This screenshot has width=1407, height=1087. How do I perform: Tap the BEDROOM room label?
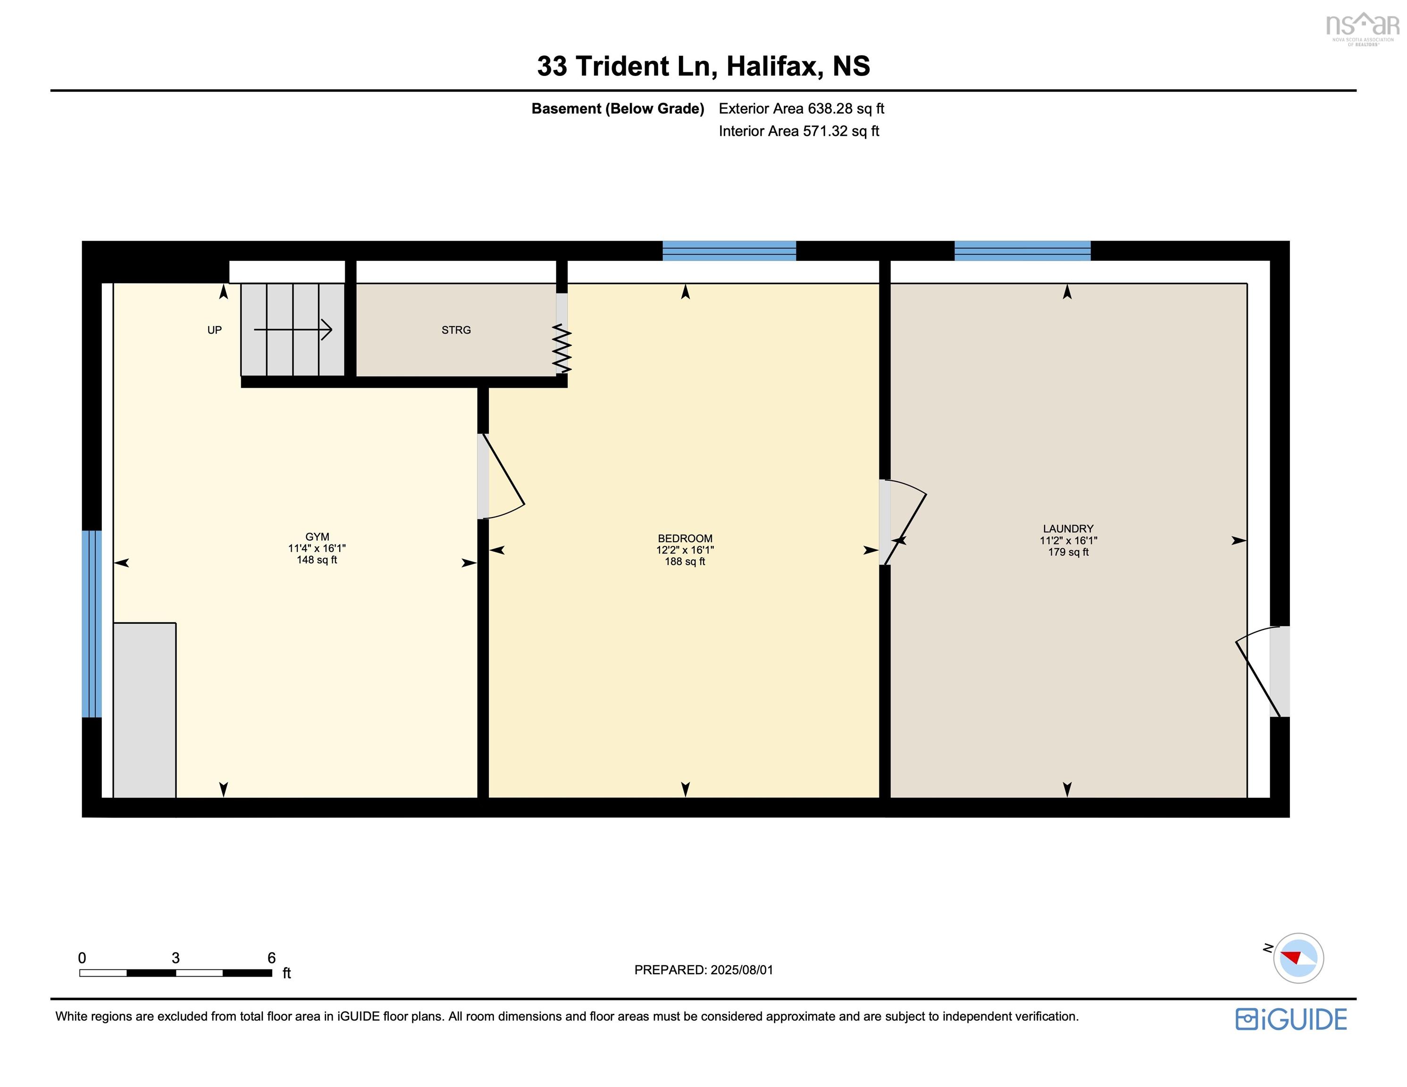tap(685, 539)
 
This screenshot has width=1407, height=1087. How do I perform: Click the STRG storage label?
tap(456, 330)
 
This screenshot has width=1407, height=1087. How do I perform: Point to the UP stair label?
tap(215, 330)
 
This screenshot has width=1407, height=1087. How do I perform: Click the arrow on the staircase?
tap(293, 330)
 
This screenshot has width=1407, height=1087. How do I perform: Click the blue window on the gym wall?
tap(92, 624)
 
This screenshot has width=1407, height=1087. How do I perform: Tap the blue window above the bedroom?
tap(729, 251)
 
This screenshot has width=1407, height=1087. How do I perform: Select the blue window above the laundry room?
tap(1022, 251)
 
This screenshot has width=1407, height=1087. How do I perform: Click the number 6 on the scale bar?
tap(271, 958)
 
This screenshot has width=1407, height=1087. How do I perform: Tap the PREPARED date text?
tap(703, 970)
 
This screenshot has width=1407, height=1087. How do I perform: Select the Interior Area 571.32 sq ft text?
tap(799, 132)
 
